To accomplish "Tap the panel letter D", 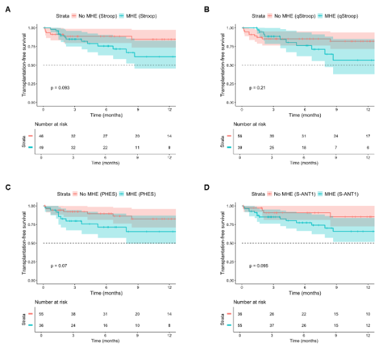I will [206, 188].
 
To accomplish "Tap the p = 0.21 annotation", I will [257, 87].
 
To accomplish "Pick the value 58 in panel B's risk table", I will [241, 137].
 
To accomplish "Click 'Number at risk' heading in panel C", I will [56, 301].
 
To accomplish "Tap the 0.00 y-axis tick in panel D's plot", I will [230, 280].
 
